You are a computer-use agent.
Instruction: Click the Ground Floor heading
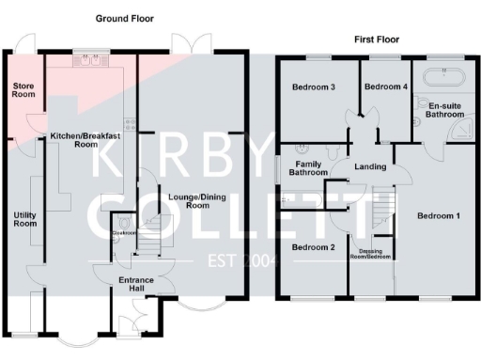click(x=125, y=19)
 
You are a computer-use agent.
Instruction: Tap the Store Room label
click(x=23, y=90)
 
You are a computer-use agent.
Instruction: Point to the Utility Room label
click(x=23, y=220)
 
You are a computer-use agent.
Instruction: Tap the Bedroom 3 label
click(x=313, y=87)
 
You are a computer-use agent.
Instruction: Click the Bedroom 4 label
click(x=386, y=87)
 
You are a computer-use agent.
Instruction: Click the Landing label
click(x=370, y=167)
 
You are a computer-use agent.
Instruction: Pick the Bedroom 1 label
click(x=438, y=216)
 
